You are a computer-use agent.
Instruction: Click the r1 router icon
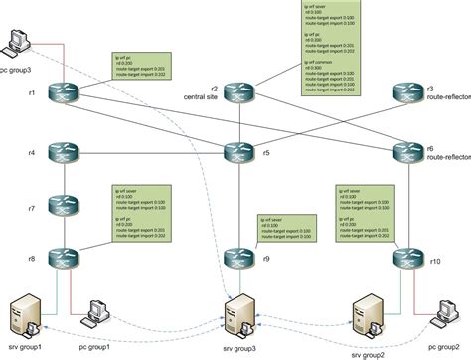point(64,93)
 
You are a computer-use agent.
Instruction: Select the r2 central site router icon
point(238,93)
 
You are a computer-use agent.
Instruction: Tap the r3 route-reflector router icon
point(408,93)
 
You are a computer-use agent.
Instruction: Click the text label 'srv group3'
point(238,350)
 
